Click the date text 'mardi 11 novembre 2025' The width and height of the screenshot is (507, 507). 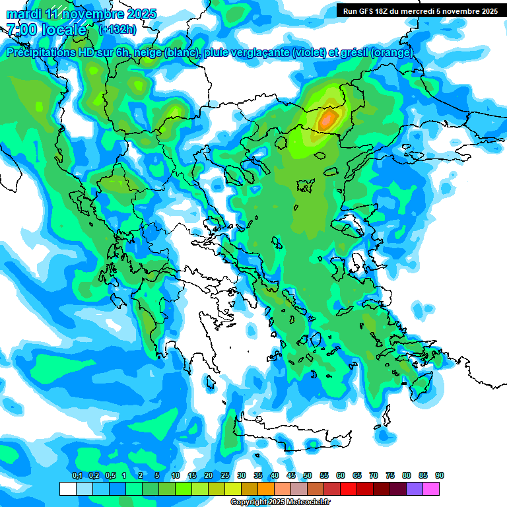pos(81,13)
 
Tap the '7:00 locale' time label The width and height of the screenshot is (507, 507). pos(46,30)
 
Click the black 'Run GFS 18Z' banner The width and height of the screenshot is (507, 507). pos(420,11)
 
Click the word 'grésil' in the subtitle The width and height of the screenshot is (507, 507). pos(357,53)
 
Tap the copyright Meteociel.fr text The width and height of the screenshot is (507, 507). pos(280,502)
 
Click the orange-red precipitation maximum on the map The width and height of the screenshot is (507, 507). pos(327,119)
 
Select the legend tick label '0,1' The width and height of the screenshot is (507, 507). pos(77,476)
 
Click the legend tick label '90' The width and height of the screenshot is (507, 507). pos(440,476)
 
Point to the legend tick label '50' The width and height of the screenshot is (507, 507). pos(308,476)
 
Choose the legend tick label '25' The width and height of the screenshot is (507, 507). pos(225,476)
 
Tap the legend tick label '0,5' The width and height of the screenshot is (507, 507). pos(110,476)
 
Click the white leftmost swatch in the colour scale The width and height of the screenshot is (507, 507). pos(68,489)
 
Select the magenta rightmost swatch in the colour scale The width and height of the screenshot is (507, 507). pos(431,489)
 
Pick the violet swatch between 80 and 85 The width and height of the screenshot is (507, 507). pos(415,489)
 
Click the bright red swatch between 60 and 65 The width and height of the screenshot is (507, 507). pos(349,489)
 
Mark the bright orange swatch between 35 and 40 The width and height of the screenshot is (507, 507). pos(266,489)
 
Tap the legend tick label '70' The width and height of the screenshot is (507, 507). pos(374,476)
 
